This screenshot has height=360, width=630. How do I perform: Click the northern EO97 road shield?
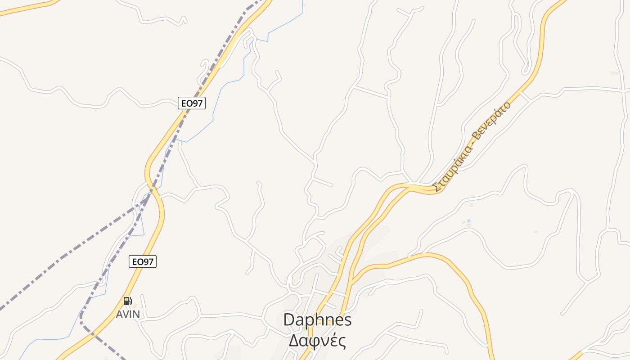click(192, 103)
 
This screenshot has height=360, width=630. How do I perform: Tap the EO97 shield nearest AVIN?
click(143, 261)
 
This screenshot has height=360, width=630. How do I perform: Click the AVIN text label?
click(128, 314)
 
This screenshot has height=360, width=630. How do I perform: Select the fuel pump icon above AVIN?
click(127, 301)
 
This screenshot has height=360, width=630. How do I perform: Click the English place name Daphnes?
click(317, 320)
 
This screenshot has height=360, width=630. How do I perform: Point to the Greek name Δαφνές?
click(317, 341)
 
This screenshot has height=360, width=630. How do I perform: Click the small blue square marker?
click(468, 220)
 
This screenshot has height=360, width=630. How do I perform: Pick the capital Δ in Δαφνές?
click(293, 341)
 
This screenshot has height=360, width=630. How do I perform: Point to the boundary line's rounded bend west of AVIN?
click(81, 317)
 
